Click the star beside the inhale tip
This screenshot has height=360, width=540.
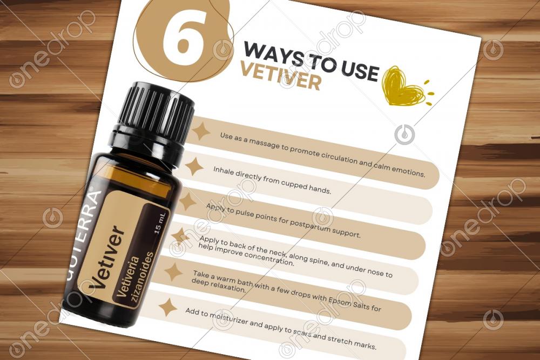click(x=194, y=166)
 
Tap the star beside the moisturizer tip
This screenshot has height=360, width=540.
click(x=168, y=307)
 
